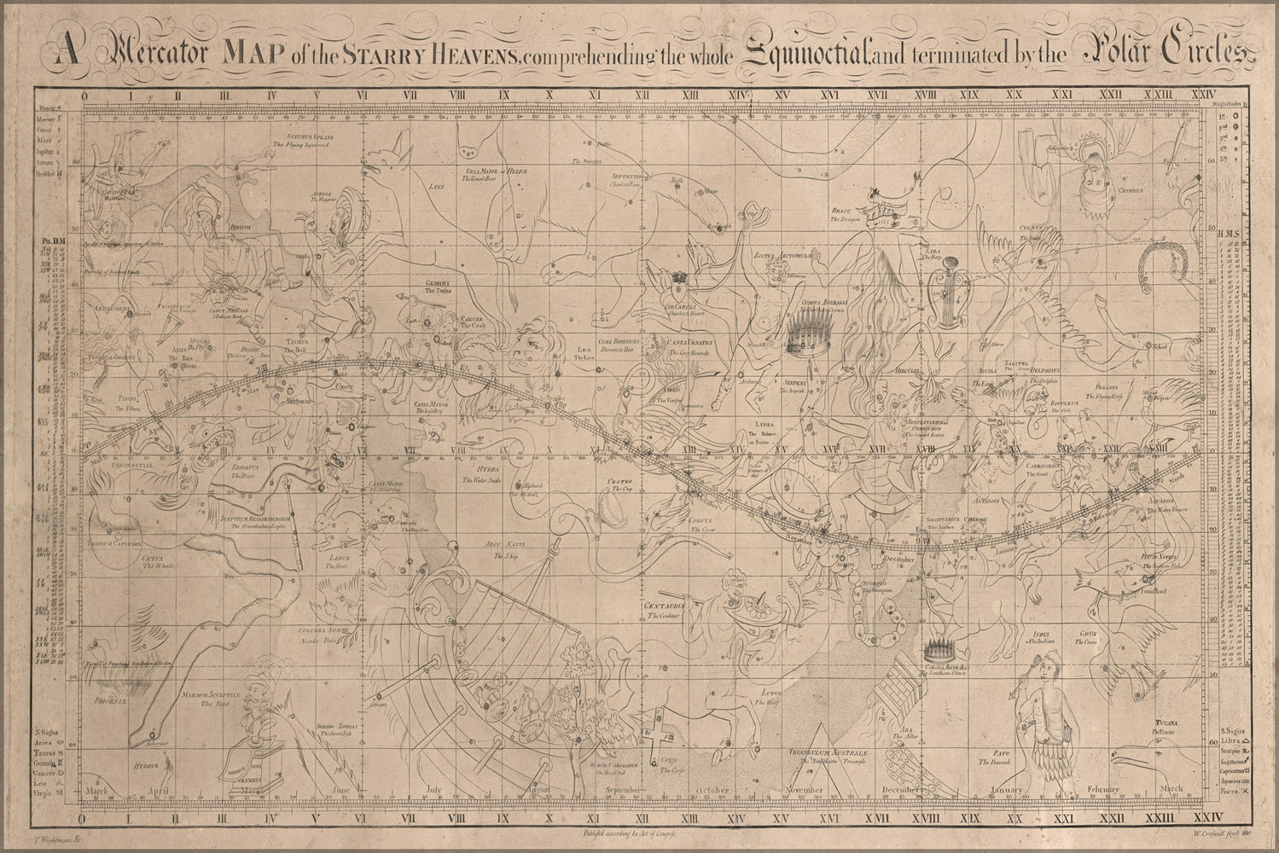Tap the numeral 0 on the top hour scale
click(83, 96)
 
